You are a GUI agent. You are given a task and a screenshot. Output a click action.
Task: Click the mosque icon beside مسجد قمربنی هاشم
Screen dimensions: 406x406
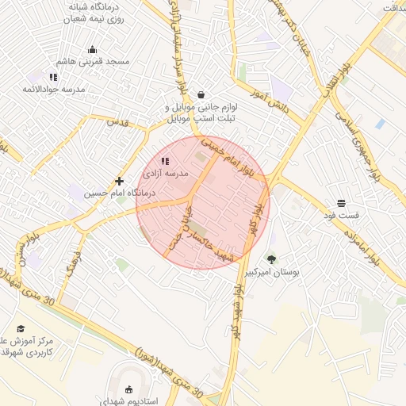click(92, 49)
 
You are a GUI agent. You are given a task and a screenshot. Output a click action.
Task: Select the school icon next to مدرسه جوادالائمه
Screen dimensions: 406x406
click(53, 77)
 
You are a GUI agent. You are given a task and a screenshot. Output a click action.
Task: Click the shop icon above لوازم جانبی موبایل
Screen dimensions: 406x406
click(201, 94)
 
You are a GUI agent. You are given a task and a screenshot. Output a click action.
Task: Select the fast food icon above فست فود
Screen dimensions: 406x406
click(341, 203)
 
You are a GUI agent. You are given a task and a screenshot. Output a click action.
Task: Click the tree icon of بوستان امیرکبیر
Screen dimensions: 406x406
click(272, 259)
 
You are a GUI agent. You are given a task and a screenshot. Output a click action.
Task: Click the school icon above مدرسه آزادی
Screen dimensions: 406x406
click(165, 161)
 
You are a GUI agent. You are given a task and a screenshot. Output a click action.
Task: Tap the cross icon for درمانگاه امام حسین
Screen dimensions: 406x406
click(119, 181)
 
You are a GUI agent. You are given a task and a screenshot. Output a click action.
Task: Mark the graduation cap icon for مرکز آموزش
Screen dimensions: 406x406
click(21, 328)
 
